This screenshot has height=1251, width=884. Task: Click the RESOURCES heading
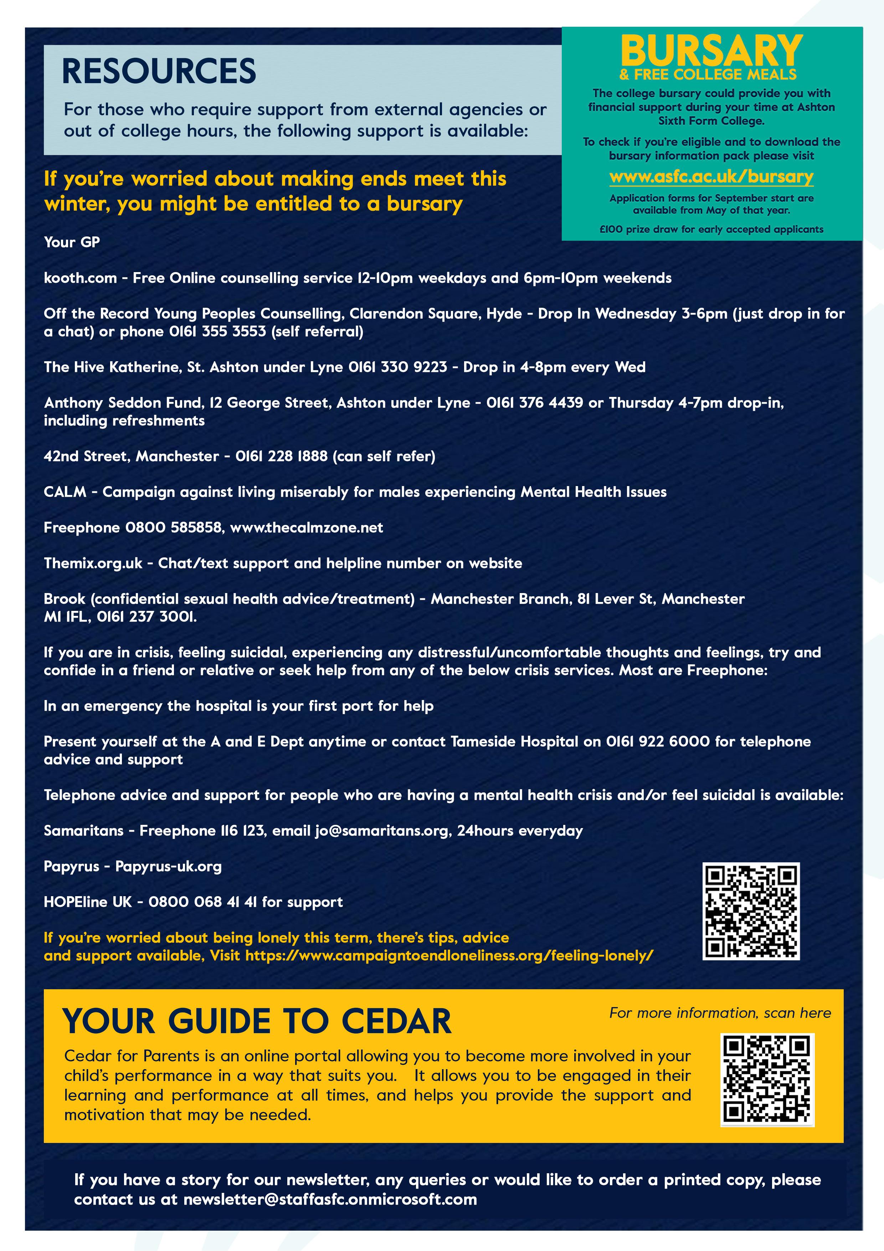pyautogui.click(x=159, y=71)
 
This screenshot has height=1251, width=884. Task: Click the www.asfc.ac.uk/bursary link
pyautogui.click(x=711, y=177)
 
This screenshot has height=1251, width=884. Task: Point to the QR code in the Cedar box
pyautogui.click(x=767, y=1079)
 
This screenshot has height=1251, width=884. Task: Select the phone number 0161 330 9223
pyautogui.click(x=397, y=367)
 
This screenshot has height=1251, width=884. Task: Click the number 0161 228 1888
pyautogui.click(x=281, y=456)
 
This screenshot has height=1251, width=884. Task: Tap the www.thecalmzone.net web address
pyautogui.click(x=307, y=527)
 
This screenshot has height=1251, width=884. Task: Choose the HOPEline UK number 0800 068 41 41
pyautogui.click(x=202, y=902)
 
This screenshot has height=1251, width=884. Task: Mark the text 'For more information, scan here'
pyautogui.click(x=720, y=1013)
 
